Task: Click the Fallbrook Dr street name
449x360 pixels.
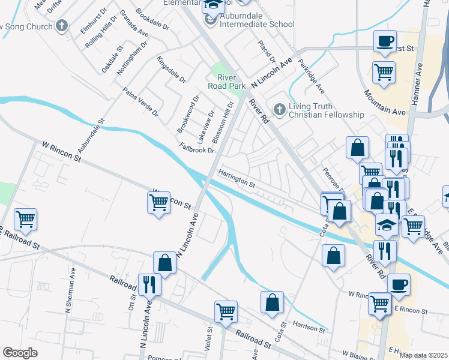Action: (x=196, y=148)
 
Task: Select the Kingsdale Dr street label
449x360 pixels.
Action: (x=171, y=70)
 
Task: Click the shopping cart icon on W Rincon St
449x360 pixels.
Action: (x=158, y=202)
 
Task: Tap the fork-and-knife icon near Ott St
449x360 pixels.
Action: (x=149, y=284)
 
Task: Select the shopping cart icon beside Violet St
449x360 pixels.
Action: (x=226, y=311)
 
